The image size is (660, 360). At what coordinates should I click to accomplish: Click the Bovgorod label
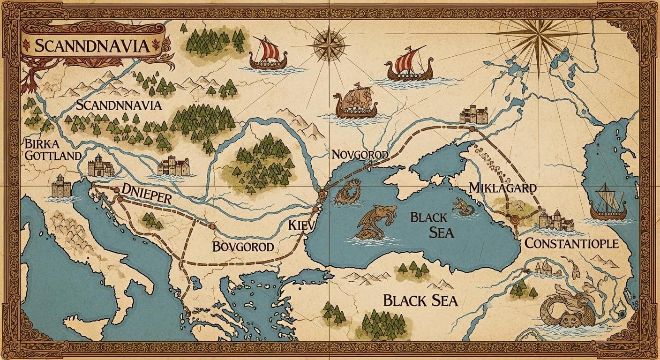click(x=243, y=246)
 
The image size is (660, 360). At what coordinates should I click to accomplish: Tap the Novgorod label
click(x=360, y=155)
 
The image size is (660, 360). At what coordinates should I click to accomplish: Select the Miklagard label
click(x=502, y=188)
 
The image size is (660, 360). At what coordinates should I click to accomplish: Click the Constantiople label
click(x=571, y=243)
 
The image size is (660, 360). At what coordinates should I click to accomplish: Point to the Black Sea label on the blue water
click(x=432, y=225)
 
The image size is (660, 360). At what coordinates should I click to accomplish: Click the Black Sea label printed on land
click(x=420, y=300)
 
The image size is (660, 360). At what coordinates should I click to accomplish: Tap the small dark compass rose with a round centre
click(x=328, y=45)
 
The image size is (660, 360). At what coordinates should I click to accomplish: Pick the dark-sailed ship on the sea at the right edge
click(x=608, y=203)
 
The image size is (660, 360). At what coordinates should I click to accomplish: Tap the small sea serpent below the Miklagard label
click(x=464, y=207)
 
